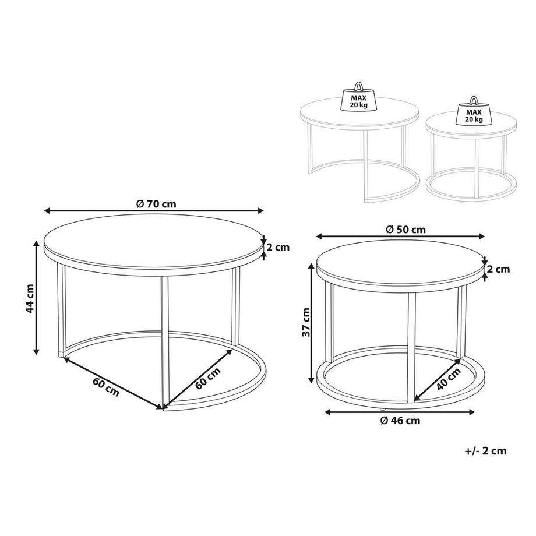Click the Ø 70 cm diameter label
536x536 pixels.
[x=154, y=203]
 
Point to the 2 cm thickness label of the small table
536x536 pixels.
[x=498, y=269]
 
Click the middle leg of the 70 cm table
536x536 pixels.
[x=164, y=338]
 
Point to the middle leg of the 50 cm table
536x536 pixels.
[x=411, y=344]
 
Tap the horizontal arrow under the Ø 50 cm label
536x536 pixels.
[x=401, y=237]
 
